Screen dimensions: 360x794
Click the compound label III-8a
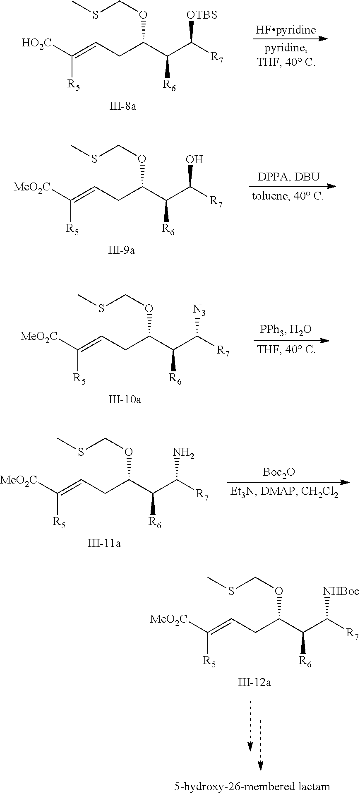tap(123, 106)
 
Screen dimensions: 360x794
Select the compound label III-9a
tap(121, 250)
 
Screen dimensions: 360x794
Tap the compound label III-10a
tap(127, 399)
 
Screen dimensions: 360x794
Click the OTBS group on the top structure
tap(202, 15)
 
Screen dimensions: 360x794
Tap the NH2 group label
tap(183, 454)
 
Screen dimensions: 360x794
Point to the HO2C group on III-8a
tap(36, 43)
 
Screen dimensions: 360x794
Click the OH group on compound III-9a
tap(194, 159)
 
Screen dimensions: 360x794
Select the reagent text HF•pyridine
tap(286, 30)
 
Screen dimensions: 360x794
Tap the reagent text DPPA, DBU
tap(289, 177)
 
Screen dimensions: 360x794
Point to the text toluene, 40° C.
tap(288, 196)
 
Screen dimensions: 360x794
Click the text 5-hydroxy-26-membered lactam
tap(252, 786)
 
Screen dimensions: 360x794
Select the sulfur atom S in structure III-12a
tap(231, 592)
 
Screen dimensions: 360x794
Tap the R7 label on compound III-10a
tap(223, 352)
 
